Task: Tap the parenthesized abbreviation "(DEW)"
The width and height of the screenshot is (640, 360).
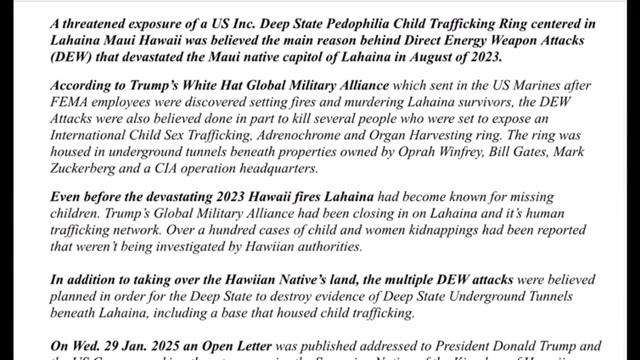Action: pyautogui.click(x=70, y=56)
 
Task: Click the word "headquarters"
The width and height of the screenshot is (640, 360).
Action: pyautogui.click(x=278, y=168)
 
